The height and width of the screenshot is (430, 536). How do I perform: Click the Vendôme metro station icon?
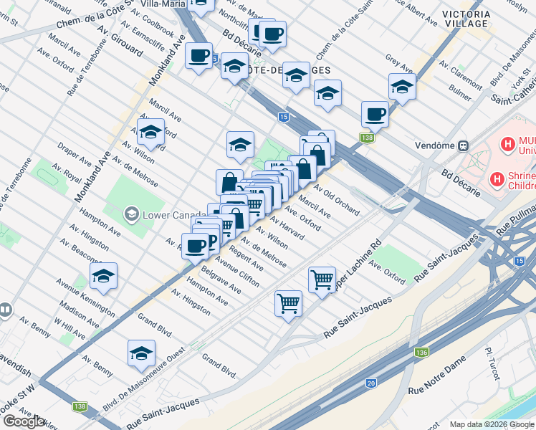point(464,145)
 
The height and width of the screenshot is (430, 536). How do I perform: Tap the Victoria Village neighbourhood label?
point(466,19)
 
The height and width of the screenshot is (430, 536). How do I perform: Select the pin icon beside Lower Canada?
point(131,214)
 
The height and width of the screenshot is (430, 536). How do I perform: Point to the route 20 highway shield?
point(370,383)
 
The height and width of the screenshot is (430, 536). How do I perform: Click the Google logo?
point(24,421)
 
